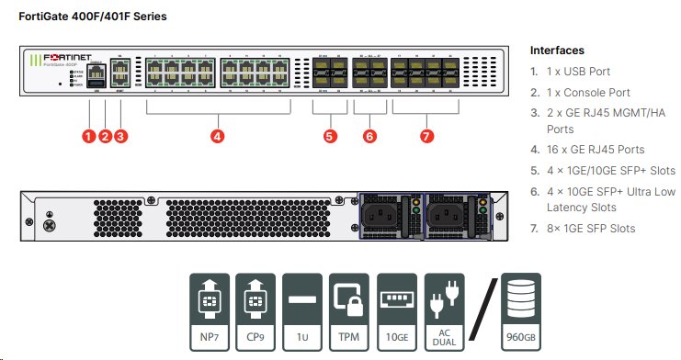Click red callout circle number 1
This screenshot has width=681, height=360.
point(89,136)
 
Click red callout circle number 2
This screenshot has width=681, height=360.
point(105,136)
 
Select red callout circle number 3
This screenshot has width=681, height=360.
point(120,136)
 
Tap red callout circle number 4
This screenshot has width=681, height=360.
point(217,136)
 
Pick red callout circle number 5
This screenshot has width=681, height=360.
point(330,136)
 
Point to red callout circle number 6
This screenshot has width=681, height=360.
point(369,136)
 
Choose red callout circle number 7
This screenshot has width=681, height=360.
point(426,136)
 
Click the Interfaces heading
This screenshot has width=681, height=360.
point(558,51)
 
